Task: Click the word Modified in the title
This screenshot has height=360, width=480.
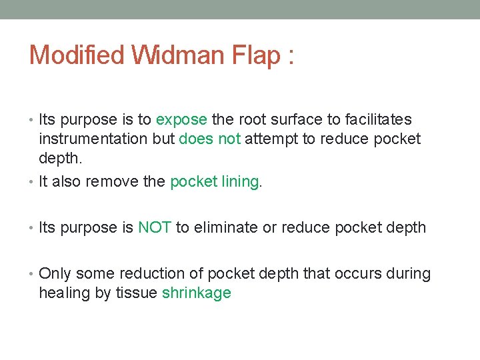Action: coord(77,55)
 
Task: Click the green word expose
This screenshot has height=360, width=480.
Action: coord(181,121)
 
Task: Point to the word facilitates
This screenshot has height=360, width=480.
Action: coord(375,120)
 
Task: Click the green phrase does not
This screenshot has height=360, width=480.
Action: coord(210,139)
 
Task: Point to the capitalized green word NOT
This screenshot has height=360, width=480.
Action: coord(155,228)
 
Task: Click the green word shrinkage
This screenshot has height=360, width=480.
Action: coord(197,293)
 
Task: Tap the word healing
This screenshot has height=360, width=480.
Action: coord(62,293)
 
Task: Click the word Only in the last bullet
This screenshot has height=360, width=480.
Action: coord(55,274)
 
